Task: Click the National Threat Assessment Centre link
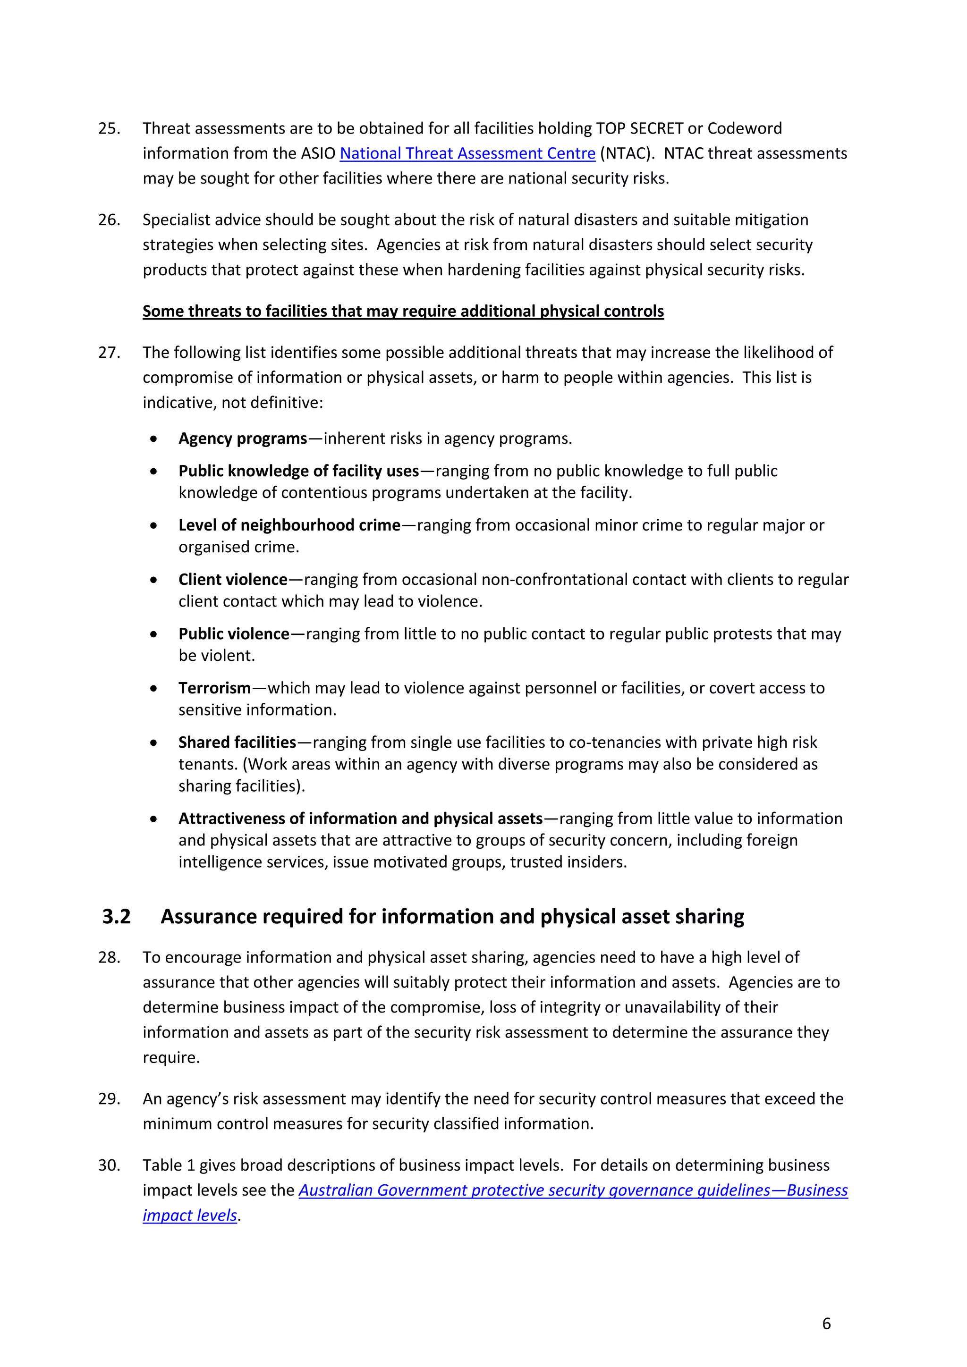coord(467,153)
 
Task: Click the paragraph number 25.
coord(109,128)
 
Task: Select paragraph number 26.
coord(109,220)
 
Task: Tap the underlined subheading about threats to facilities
coord(403,312)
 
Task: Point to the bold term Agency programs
coord(242,439)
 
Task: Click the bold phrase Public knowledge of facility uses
coord(298,471)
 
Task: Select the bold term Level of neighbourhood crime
coord(289,525)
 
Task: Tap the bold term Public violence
coord(233,633)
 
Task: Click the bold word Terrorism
coord(214,688)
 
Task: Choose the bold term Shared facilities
coord(237,743)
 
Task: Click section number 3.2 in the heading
coord(116,916)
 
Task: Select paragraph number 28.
coord(109,957)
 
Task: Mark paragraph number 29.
coord(109,1099)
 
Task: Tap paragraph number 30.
coord(109,1165)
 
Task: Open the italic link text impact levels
coord(189,1215)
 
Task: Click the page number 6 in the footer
coord(826,1324)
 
